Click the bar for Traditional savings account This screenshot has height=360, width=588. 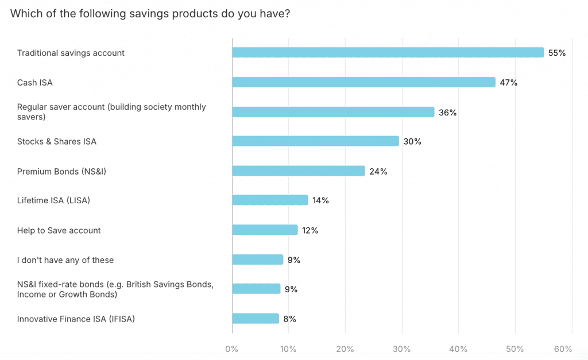coord(388,53)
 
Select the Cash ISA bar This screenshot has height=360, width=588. coord(363,82)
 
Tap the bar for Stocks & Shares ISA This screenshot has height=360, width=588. coord(315,141)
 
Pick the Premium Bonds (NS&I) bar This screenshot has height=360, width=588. coord(298,171)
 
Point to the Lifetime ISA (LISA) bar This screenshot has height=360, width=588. coord(270,200)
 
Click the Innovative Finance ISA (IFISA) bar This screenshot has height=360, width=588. coord(256,319)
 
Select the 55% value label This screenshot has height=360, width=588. coord(557,53)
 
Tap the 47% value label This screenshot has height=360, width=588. coord(508,83)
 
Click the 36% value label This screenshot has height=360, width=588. coord(447,113)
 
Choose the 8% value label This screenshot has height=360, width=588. coord(289,319)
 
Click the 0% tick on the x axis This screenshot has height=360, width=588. coord(232,349)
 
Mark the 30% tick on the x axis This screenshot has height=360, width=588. coord(401,349)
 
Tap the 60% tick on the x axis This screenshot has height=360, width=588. coord(563,349)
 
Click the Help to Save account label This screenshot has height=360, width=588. coord(59,230)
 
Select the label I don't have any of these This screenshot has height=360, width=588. coord(65,260)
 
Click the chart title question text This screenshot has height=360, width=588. coord(150,14)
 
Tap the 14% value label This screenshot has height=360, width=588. coord(320,200)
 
